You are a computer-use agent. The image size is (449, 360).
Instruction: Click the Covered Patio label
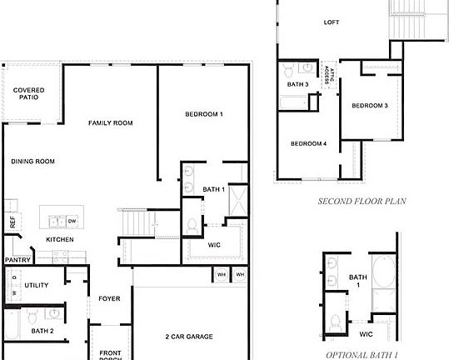click(x=28, y=93)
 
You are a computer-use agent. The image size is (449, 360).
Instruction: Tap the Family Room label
click(x=111, y=122)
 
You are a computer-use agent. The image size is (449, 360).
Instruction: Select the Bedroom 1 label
click(x=203, y=113)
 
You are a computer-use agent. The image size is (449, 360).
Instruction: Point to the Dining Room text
click(x=33, y=161)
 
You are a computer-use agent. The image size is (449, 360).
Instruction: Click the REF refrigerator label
click(x=12, y=222)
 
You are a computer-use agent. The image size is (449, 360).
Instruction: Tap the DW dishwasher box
click(x=72, y=221)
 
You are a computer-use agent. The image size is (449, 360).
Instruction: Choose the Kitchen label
click(x=60, y=239)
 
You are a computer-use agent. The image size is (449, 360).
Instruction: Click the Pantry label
click(x=17, y=259)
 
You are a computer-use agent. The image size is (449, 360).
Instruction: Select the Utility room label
click(x=36, y=285)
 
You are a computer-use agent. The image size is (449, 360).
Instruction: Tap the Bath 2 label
click(x=42, y=331)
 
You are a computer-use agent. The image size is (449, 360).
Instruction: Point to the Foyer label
click(x=110, y=297)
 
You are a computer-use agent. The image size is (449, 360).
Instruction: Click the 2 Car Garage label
click(x=188, y=337)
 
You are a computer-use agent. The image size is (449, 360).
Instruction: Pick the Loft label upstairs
click(x=332, y=23)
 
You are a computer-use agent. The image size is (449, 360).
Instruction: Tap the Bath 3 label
click(x=298, y=84)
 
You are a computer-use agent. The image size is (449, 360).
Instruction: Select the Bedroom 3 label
click(x=369, y=106)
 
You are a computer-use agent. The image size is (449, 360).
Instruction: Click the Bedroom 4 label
click(x=308, y=143)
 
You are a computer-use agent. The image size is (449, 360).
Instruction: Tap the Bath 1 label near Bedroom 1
click(x=214, y=189)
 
